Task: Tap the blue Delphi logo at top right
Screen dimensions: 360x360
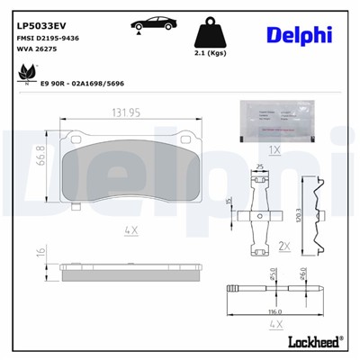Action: coord(299,35)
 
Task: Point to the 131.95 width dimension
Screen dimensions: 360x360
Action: coord(125,113)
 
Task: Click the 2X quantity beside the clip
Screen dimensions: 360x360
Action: coord(285,246)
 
